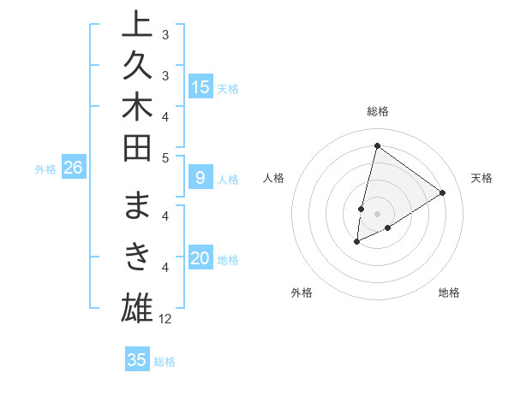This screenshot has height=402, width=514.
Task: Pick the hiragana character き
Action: [x=137, y=255]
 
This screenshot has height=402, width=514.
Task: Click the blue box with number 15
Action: [x=200, y=87]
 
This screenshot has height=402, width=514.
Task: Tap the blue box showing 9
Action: [x=200, y=179]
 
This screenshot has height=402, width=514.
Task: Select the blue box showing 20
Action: [x=200, y=259]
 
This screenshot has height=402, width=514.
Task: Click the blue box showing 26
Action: [x=73, y=168]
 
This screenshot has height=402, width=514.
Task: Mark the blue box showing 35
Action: [x=137, y=360]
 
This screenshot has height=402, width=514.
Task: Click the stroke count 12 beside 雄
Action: [x=165, y=319]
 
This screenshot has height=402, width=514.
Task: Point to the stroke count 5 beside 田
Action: [x=165, y=157]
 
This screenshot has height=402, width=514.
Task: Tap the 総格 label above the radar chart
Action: [x=377, y=111]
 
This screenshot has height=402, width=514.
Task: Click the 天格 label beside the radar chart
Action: [x=481, y=178]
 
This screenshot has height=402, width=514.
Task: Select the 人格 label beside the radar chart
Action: [x=274, y=178]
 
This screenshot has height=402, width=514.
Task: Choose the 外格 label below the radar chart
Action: [x=302, y=293]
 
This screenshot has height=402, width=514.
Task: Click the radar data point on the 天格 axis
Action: [x=442, y=192]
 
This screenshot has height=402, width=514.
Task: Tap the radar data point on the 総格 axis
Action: [x=377, y=145]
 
